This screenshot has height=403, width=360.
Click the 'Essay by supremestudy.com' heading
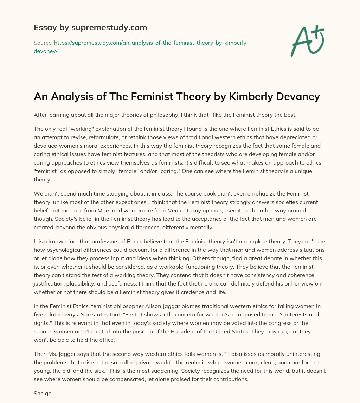[x=90, y=27]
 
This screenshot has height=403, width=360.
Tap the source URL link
[x=152, y=43]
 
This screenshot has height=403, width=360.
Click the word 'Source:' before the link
[x=43, y=43]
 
